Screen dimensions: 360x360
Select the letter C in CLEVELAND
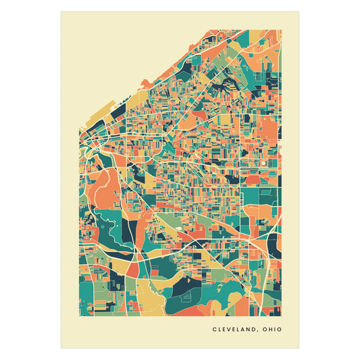(x=214, y=330)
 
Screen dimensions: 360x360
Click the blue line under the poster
(x=180, y=349)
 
